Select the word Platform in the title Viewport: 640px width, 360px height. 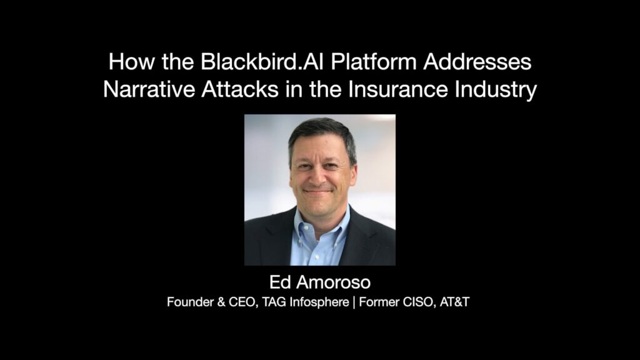pos(374,62)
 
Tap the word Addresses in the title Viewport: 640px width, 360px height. pos(477,62)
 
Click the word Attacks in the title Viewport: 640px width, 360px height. pos(240,89)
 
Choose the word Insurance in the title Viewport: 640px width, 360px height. pos(398,89)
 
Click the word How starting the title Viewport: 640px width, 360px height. pos(132,62)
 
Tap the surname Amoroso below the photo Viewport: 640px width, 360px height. pos(334,282)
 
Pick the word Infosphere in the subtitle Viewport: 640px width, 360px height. pos(319,302)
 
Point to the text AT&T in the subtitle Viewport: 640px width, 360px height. pos(455,302)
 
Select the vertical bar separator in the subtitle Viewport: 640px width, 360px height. pos(354,302)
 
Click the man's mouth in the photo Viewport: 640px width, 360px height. pos(317,191)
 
